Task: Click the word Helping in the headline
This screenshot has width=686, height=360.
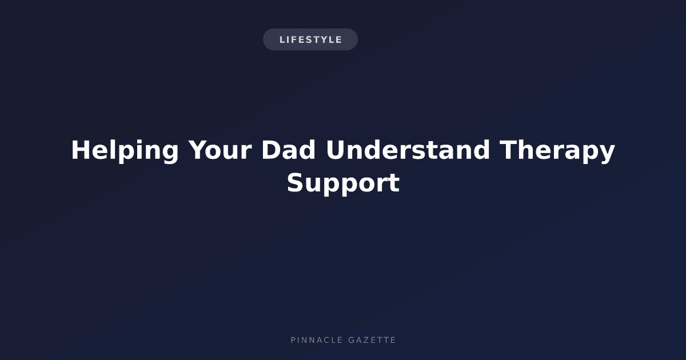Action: click(125, 150)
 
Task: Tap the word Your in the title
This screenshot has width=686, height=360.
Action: click(220, 150)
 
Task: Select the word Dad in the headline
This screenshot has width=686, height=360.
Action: click(288, 150)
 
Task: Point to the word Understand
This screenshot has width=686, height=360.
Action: click(408, 150)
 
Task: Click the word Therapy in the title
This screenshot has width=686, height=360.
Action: click(557, 151)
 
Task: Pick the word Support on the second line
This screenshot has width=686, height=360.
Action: click(343, 183)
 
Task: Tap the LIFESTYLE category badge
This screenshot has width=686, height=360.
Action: click(310, 39)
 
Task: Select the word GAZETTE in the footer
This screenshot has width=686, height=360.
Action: click(372, 340)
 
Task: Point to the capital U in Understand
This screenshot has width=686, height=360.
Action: click(336, 150)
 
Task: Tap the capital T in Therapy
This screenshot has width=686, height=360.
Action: click(508, 150)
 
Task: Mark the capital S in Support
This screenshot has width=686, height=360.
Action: click(296, 182)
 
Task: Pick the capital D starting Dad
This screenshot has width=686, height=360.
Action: click(272, 150)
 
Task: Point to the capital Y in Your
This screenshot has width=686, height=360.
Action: click(198, 150)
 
